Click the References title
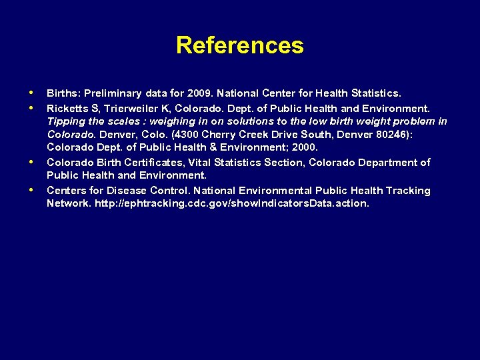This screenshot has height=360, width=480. point(240,46)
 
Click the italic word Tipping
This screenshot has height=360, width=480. point(65,121)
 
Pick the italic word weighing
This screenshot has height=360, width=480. point(171,121)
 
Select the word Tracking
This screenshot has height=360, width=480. point(406,191)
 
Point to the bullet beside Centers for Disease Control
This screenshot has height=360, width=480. point(31,189)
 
